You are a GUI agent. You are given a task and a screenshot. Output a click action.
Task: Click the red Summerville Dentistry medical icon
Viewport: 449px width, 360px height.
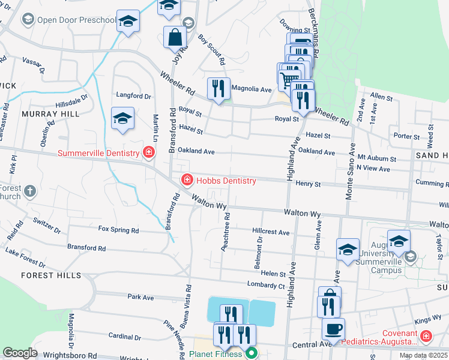click(x=148, y=153)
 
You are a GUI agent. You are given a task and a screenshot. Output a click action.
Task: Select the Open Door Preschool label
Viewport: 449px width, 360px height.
click(x=76, y=20)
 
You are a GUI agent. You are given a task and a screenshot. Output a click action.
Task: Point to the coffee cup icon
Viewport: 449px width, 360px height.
click(x=333, y=328)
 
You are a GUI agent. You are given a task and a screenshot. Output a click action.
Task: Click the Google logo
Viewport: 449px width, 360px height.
click(x=20, y=352)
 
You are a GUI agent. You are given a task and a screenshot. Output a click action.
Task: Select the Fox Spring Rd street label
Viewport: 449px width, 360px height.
click(x=118, y=230)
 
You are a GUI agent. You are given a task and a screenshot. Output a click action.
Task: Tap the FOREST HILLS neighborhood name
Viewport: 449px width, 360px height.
click(x=50, y=275)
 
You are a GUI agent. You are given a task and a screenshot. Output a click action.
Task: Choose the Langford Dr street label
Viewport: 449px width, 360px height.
click(x=133, y=96)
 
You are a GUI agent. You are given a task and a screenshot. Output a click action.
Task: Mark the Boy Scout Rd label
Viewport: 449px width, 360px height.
click(x=212, y=50)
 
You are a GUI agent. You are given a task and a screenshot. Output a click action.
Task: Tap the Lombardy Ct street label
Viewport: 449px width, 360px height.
click(x=265, y=285)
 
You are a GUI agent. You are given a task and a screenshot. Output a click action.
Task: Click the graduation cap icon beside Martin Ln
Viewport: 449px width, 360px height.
click(x=122, y=118)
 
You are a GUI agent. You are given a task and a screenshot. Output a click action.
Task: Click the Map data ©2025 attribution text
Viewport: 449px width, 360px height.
click(x=423, y=355)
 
